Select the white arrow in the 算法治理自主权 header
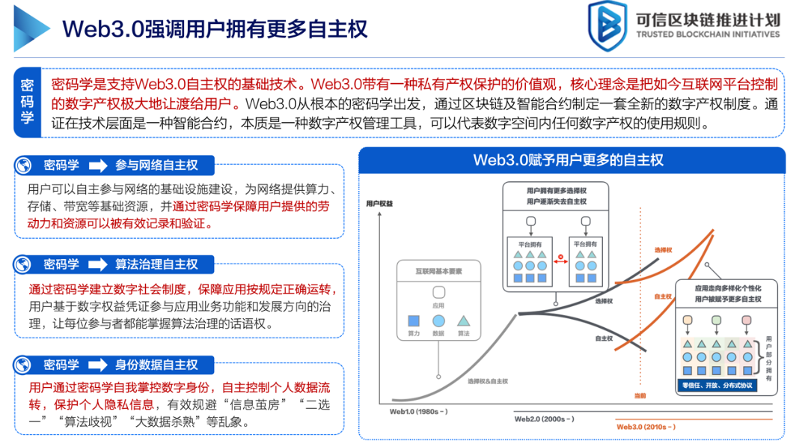tap(98, 264)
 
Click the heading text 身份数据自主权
tap(156, 365)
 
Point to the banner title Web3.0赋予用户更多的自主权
tap(568, 160)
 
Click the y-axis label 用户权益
tap(380, 202)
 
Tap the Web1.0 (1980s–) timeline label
tap(418, 411)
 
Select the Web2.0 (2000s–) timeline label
tap(544, 419)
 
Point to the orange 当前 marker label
tap(640, 395)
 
